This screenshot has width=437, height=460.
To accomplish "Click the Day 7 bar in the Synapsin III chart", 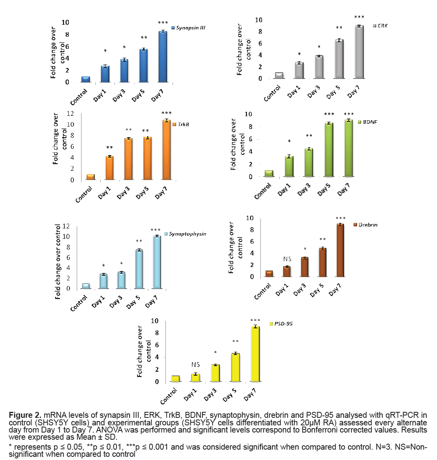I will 162,57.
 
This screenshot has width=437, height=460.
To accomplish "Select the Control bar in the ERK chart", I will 279,76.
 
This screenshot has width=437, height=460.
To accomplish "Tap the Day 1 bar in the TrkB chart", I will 109,168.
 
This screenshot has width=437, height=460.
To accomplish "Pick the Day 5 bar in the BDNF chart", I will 328,150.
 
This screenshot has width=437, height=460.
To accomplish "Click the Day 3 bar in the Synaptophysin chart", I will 121,280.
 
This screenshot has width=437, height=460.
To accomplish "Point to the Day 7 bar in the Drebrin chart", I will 340,250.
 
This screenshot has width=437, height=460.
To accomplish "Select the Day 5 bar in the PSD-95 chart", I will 235,367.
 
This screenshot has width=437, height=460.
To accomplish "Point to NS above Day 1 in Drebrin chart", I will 287,259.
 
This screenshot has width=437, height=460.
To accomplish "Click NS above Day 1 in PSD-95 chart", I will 195,364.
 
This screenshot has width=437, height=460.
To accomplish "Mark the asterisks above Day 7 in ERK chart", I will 359,17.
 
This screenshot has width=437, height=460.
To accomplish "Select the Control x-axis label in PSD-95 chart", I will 169,396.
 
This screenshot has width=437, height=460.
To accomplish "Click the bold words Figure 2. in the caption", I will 25,415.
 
